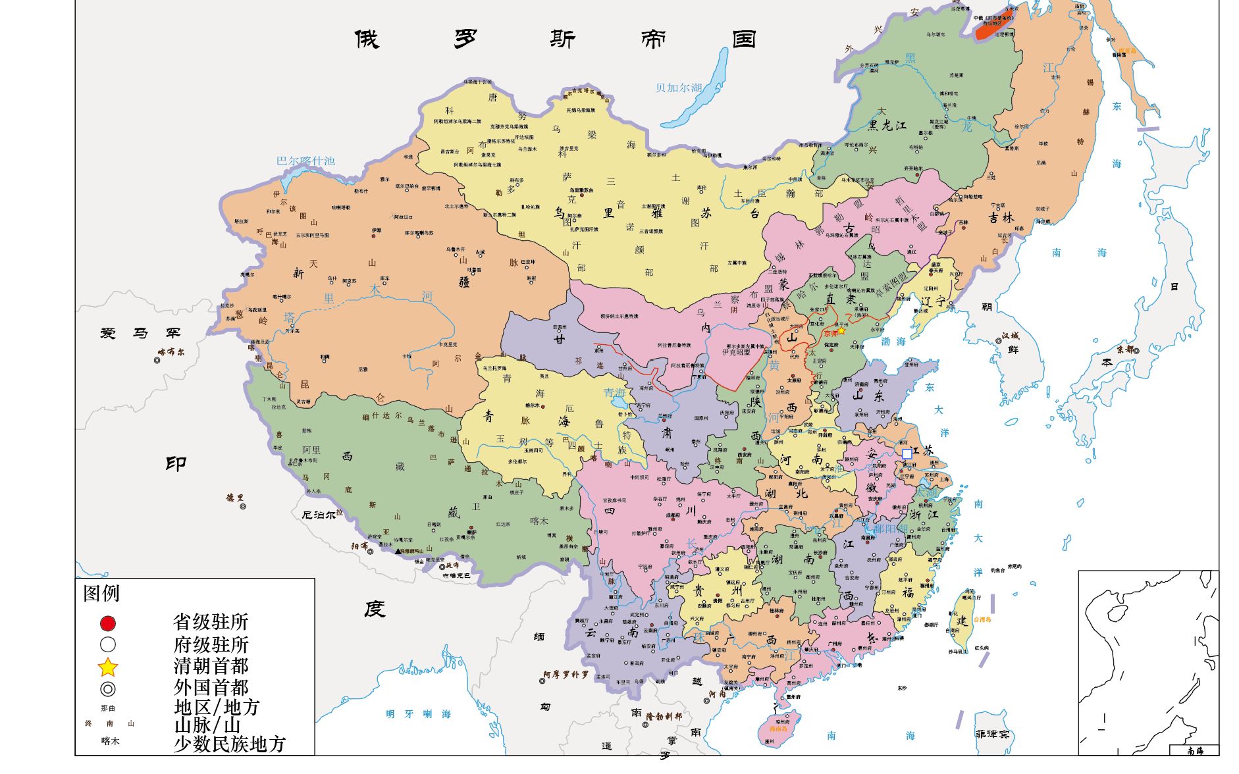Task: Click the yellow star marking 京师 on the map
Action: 841,331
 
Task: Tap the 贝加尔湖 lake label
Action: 679,88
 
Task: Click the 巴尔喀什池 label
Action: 305,161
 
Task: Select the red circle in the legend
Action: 108,623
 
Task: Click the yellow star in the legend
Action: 108,667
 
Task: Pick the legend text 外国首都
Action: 211,687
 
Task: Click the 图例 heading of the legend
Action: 101,593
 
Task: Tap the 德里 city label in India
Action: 235,498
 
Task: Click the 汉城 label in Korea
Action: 1010,336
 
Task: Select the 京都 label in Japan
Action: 1126,349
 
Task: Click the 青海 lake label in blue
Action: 615,393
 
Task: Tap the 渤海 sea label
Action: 893,341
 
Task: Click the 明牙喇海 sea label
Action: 418,713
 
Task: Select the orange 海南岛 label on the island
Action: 778,729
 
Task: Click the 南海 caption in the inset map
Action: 1194,750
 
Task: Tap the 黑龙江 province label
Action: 887,125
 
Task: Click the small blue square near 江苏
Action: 907,454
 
